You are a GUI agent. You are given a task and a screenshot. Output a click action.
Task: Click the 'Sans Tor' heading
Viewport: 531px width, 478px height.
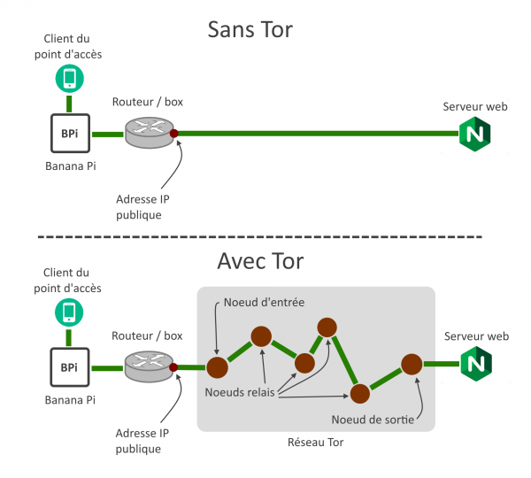250,29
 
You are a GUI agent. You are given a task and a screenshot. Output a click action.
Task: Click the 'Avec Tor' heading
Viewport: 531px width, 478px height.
260,261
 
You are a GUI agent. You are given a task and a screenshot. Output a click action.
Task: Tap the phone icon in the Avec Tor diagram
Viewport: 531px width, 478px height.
68,311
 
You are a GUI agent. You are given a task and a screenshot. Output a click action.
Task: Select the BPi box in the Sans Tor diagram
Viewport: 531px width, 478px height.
68,135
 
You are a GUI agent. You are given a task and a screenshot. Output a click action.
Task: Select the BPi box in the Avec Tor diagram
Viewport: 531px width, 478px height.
68,366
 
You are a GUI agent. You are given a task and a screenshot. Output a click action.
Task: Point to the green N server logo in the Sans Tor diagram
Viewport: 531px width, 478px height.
474,134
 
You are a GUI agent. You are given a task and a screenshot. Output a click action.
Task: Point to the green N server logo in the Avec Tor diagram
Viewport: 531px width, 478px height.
474,364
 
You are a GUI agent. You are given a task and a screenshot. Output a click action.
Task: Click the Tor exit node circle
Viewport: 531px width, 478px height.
411,364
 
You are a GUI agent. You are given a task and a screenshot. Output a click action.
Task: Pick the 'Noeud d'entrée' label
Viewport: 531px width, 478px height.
265,303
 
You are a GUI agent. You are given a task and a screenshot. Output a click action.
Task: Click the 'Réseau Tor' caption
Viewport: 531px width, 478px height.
315,442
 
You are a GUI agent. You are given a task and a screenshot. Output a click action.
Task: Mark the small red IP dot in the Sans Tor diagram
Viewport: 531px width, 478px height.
174,134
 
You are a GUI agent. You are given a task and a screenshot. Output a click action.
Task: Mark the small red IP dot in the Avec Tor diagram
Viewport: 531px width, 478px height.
174,366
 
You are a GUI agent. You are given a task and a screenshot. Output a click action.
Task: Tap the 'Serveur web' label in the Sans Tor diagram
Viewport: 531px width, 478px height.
474,106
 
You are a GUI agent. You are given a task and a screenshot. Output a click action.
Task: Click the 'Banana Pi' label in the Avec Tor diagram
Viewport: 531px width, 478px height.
70,399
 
